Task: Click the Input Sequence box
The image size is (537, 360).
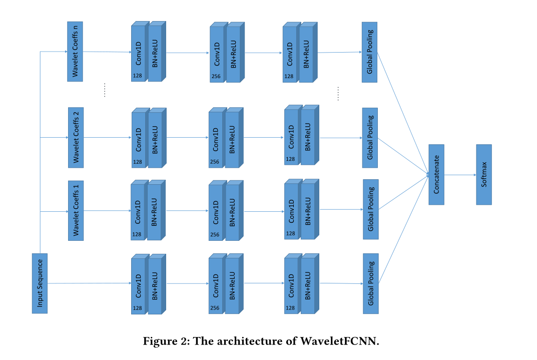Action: (40, 283)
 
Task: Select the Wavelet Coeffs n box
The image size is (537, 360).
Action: (75, 51)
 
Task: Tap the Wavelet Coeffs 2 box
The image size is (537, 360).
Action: (76, 137)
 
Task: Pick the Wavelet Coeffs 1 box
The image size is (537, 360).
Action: (76, 210)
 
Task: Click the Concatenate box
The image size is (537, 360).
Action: (436, 174)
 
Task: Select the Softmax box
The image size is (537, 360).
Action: (484, 174)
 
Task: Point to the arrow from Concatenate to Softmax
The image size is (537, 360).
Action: (460, 175)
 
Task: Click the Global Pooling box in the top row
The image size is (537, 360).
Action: (369, 52)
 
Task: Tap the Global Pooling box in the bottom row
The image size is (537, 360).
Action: (370, 283)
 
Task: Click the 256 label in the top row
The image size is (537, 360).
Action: (215, 76)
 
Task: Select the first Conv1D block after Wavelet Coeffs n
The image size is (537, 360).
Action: (138, 53)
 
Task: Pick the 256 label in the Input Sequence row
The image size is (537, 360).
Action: (214, 308)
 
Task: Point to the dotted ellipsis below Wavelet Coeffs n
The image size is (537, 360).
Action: (105, 90)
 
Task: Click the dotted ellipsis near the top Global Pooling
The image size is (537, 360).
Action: (338, 94)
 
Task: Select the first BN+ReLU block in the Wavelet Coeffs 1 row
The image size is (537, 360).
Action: (155, 212)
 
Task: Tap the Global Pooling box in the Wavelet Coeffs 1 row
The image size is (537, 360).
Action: (370, 209)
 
